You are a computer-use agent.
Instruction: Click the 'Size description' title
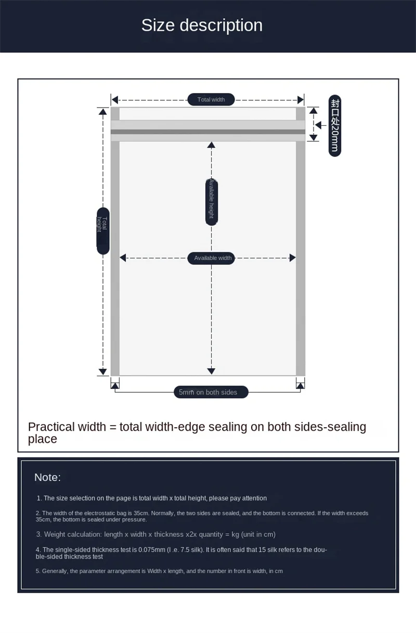tap(202, 25)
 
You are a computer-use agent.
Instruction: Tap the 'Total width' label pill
tap(211, 99)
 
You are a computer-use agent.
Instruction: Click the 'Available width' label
tap(213, 258)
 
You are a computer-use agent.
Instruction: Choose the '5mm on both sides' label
tap(211, 392)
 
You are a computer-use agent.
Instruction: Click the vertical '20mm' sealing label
tap(335, 126)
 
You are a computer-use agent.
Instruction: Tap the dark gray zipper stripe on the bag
tap(208, 132)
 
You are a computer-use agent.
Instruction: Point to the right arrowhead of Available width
tap(292, 258)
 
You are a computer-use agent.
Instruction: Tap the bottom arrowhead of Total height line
tap(103, 372)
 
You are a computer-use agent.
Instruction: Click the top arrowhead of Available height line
tap(211, 145)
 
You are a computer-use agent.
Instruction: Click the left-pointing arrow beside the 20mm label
tap(320, 125)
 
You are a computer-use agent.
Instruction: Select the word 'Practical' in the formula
tap(51, 427)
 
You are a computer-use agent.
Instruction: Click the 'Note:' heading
tap(47, 477)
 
